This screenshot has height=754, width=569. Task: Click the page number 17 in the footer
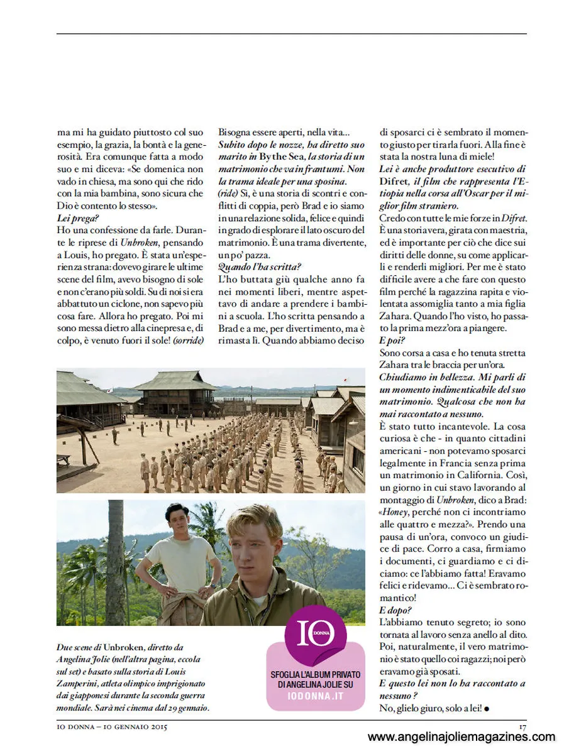[x=522, y=727]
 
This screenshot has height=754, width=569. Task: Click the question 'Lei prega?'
[x=74, y=217]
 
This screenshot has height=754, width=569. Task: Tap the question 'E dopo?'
[x=394, y=609]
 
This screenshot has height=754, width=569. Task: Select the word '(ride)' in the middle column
[x=228, y=193]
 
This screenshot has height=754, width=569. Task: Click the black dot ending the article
[x=487, y=709]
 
